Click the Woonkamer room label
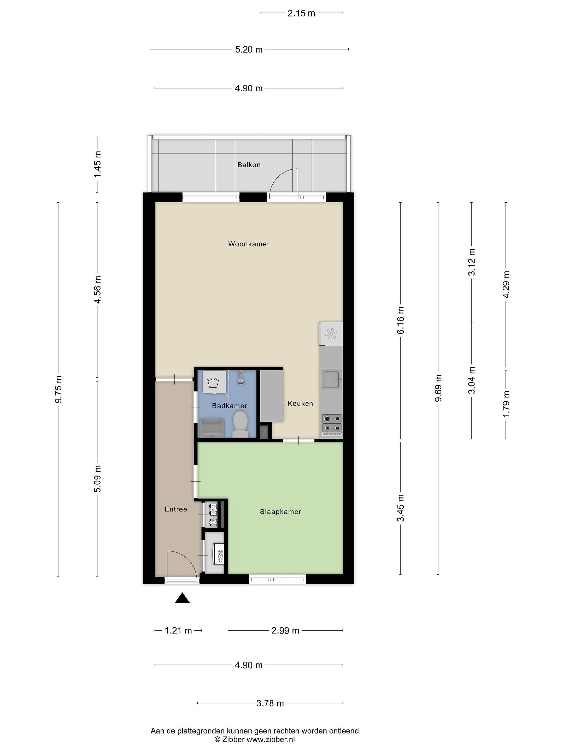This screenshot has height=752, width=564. pos(249,244)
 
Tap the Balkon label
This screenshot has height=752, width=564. pos(249,165)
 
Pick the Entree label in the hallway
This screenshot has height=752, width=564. pos(176,509)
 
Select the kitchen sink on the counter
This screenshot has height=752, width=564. pos(331,380)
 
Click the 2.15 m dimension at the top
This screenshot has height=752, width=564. pos(301,13)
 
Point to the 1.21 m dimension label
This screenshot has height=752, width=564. pos(178,631)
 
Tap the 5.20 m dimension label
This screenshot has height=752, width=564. pos(249,50)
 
